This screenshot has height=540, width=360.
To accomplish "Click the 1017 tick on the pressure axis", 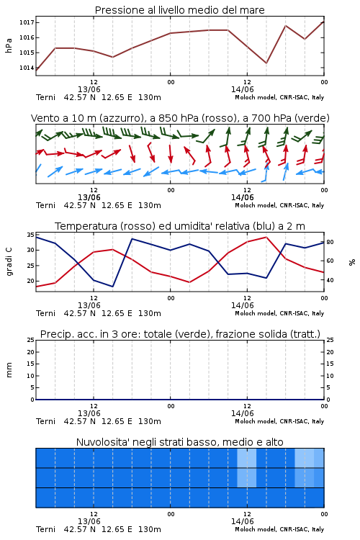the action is coord(27,22).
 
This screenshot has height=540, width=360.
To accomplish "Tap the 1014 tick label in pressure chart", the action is coord(27,68).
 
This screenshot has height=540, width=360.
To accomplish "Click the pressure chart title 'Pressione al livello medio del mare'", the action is coord(180,10).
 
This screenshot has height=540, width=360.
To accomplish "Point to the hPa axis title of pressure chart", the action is coord(9,45).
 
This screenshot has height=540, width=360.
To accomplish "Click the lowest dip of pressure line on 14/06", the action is coord(266,63).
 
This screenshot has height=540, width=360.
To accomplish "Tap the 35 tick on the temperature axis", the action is coord(31,235).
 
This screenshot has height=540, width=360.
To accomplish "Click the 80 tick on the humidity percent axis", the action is coord(330,242).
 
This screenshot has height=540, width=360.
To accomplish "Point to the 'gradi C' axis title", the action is coord(9,261).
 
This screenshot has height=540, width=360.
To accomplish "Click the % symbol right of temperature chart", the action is coord(352,262).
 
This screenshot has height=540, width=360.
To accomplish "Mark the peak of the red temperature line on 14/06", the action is coord(266,237).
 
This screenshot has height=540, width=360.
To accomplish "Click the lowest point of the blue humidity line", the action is coord(112,287).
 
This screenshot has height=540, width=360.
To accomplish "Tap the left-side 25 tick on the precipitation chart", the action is coord(31,340).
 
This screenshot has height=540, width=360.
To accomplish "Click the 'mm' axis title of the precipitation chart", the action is coord(9,370).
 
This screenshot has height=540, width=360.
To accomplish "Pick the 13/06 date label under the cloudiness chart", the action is coord(89,521).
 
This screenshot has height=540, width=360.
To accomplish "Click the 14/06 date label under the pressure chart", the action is coord(243,89).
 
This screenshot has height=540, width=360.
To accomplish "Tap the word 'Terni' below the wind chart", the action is coord(46,206).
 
